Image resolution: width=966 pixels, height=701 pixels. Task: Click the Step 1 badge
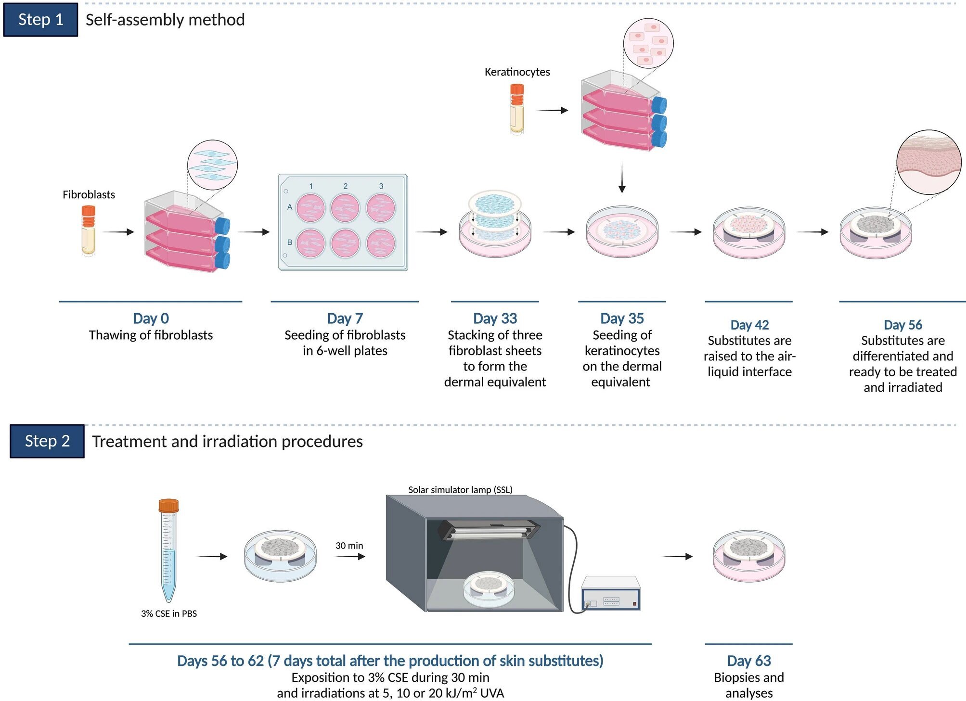[x=40, y=20]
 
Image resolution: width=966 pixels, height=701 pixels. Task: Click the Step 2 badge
[x=47, y=441]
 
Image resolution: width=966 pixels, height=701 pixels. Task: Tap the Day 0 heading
[x=151, y=319]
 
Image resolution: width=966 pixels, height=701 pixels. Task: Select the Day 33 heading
[x=495, y=319]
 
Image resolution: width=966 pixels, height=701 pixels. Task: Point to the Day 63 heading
[x=749, y=661]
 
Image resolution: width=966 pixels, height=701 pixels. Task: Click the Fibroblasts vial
[x=88, y=230]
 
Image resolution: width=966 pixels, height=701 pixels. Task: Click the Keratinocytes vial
[x=517, y=109]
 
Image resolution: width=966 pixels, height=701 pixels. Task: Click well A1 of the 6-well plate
[x=310, y=208]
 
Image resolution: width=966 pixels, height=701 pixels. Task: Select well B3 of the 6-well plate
[x=381, y=243]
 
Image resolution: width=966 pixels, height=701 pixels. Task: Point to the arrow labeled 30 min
[x=350, y=557]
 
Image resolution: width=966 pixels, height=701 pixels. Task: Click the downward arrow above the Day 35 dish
[x=622, y=178]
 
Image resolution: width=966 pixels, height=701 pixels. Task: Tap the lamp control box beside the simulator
[x=611, y=593]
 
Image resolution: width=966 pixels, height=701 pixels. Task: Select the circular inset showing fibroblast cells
[x=212, y=166]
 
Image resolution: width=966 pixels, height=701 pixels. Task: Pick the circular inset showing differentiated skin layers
[x=928, y=162]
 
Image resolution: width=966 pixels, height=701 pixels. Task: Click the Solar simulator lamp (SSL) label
[x=460, y=490]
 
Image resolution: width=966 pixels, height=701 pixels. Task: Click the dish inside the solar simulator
[x=489, y=589]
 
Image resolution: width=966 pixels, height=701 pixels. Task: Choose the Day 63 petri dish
[x=749, y=556]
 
